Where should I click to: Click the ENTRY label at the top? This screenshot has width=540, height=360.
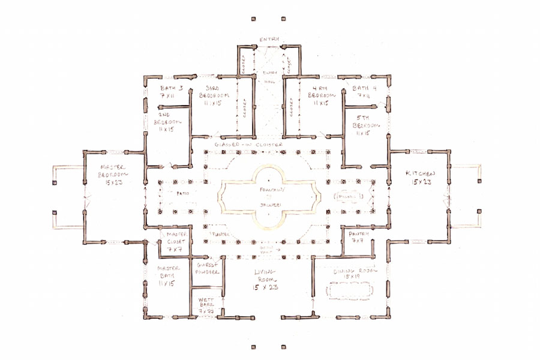click(x=269, y=39)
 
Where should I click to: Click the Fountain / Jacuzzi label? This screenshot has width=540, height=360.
click(x=269, y=196)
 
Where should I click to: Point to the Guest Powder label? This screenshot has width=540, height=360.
click(x=209, y=268)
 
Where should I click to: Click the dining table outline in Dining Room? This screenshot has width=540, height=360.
click(x=350, y=292)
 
